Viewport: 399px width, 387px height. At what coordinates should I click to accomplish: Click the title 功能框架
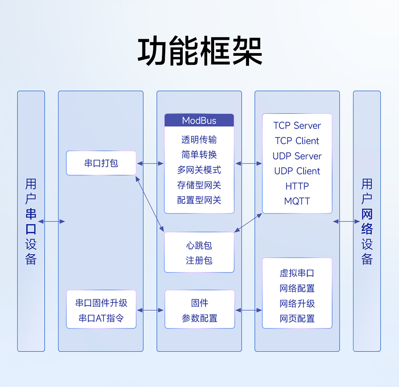pyautogui.click(x=199, y=52)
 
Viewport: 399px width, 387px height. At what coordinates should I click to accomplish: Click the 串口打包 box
pyautogui.click(x=101, y=163)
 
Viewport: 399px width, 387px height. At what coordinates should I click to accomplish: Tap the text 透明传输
pyautogui.click(x=199, y=140)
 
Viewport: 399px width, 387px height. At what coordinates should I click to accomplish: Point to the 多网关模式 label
pyautogui.click(x=199, y=170)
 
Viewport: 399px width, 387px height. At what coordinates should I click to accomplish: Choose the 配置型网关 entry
pyautogui.click(x=199, y=200)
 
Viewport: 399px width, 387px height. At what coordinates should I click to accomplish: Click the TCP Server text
pyautogui.click(x=297, y=126)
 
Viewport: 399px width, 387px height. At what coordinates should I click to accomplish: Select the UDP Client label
pyautogui.click(x=297, y=171)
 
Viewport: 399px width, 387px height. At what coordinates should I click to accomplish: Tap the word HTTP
pyautogui.click(x=297, y=186)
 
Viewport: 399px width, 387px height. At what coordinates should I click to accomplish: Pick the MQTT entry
pyautogui.click(x=297, y=201)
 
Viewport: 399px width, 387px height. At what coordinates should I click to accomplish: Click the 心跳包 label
pyautogui.click(x=199, y=246)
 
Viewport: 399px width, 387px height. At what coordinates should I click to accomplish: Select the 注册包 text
pyautogui.click(x=199, y=261)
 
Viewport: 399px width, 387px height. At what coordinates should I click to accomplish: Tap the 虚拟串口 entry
pyautogui.click(x=297, y=273)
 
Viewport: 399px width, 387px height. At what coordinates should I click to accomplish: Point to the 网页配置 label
pyautogui.click(x=297, y=319)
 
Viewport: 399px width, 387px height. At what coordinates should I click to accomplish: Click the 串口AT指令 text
pyautogui.click(x=101, y=319)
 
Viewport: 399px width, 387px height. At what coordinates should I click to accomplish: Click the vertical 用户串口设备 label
pyautogui.click(x=31, y=221)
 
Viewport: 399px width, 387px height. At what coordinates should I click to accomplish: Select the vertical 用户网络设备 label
pyautogui.click(x=367, y=221)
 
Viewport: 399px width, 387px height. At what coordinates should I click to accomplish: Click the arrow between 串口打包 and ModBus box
pyautogui.click(x=150, y=163)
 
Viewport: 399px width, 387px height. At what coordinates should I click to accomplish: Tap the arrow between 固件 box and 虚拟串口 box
pyautogui.click(x=248, y=310)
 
